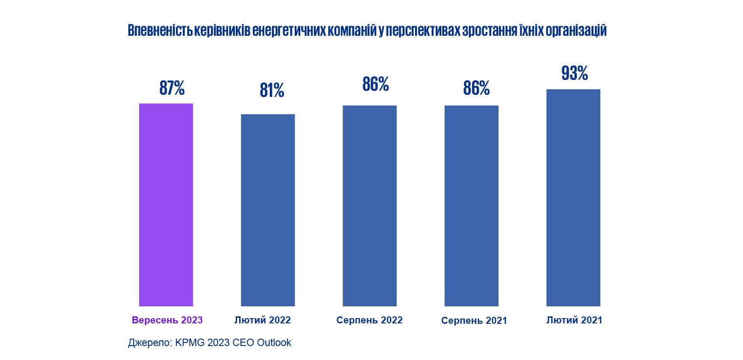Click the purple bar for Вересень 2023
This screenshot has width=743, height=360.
click(166, 205)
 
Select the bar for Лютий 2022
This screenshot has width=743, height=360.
click(268, 210)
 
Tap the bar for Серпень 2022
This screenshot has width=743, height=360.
click(369, 206)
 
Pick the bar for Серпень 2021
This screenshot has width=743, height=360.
click(471, 206)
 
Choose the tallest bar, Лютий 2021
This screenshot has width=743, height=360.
click(573, 198)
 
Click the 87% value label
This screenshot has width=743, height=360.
click(172, 88)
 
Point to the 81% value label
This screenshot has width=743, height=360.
click(272, 90)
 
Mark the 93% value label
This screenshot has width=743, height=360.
click(574, 73)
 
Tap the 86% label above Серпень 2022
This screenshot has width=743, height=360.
click(375, 84)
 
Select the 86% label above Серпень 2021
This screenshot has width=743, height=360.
click(476, 88)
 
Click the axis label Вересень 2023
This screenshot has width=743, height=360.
click(167, 320)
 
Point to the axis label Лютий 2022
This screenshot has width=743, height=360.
click(262, 320)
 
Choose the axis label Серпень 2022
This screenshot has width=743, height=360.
click(369, 320)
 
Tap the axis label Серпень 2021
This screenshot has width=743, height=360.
click(474, 320)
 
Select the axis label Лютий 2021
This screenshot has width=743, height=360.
click(574, 320)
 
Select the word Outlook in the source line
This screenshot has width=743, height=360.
click(274, 343)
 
